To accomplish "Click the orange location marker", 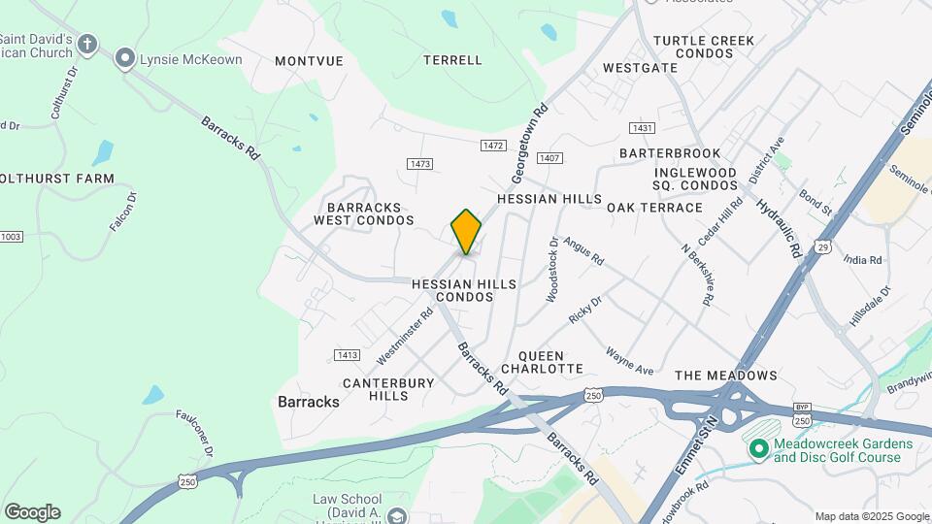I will pyautogui.click(x=466, y=232).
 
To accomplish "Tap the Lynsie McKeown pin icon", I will pyautogui.click(x=124, y=60).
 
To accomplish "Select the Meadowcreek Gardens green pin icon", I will pyautogui.click(x=758, y=448).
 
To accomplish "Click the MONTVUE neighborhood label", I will pyautogui.click(x=309, y=60).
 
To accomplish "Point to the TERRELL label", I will pyautogui.click(x=452, y=60).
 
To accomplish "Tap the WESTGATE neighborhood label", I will pyautogui.click(x=640, y=68).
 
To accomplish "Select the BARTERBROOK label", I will pyautogui.click(x=670, y=153).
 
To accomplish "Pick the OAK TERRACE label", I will pyautogui.click(x=654, y=208).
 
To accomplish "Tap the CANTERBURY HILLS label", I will pyautogui.click(x=388, y=389).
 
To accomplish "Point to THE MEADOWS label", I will pyautogui.click(x=726, y=376).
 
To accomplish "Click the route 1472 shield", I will pyautogui.click(x=493, y=146).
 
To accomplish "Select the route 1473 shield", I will pyautogui.click(x=419, y=164).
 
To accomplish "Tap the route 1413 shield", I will pyautogui.click(x=347, y=354).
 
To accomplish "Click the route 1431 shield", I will pyautogui.click(x=641, y=128).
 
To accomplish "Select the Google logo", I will pyautogui.click(x=32, y=512).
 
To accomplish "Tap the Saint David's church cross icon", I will pyautogui.click(x=87, y=44).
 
